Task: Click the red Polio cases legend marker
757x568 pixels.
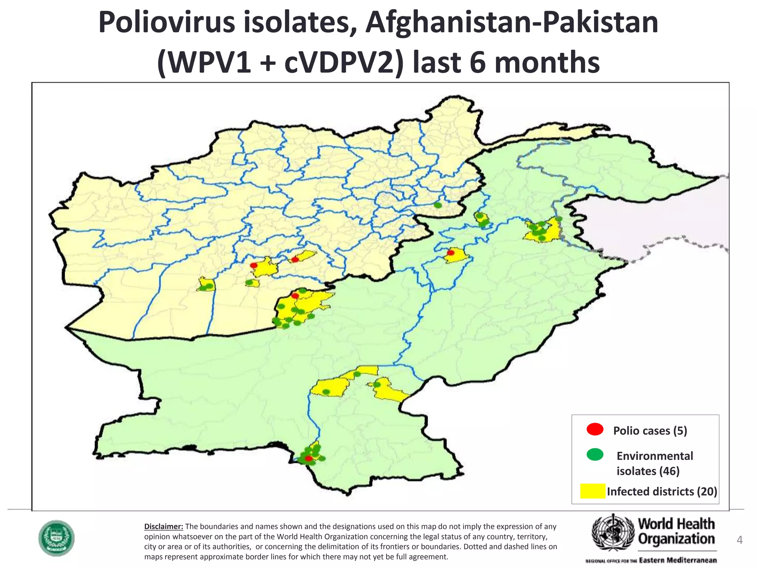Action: click(595, 429)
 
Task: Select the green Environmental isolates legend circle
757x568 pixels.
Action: click(595, 454)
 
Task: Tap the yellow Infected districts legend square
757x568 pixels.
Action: click(593, 491)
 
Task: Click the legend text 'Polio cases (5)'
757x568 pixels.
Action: click(650, 431)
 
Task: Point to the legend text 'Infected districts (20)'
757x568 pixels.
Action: click(662, 491)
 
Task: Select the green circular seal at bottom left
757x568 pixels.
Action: click(57, 538)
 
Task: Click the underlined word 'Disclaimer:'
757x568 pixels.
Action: click(163, 526)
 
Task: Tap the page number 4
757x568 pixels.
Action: click(739, 540)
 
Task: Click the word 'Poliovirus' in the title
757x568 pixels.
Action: click(166, 23)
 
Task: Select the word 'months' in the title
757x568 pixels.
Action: click(547, 63)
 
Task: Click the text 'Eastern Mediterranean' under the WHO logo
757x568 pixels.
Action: click(678, 560)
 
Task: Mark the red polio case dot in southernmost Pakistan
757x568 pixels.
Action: click(309, 459)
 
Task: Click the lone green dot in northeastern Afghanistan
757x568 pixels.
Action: click(438, 205)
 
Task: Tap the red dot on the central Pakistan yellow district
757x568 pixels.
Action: click(451, 253)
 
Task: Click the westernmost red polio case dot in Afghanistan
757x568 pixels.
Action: click(254, 265)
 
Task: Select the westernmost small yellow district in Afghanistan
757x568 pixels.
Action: click(206, 285)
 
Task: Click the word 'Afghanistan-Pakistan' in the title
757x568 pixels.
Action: click(512, 23)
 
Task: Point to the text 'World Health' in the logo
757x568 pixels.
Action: click(676, 524)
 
